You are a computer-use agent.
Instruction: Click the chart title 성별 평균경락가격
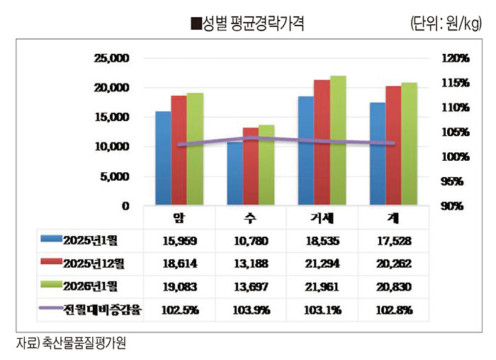pyautogui.click(x=248, y=24)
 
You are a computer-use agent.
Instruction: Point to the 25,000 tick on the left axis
pyautogui.click(x=112, y=58)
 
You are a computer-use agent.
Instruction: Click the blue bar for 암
pyautogui.click(x=163, y=158)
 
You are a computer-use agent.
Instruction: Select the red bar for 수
pyautogui.click(x=251, y=167)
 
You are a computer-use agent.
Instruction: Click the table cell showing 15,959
pyautogui.click(x=179, y=241)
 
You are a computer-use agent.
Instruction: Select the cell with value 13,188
pyautogui.click(x=251, y=264)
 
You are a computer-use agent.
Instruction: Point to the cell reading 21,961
pyautogui.click(x=323, y=286)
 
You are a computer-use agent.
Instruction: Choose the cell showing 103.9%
pyautogui.click(x=251, y=310)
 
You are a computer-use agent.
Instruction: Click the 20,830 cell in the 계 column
pyautogui.click(x=395, y=286)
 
